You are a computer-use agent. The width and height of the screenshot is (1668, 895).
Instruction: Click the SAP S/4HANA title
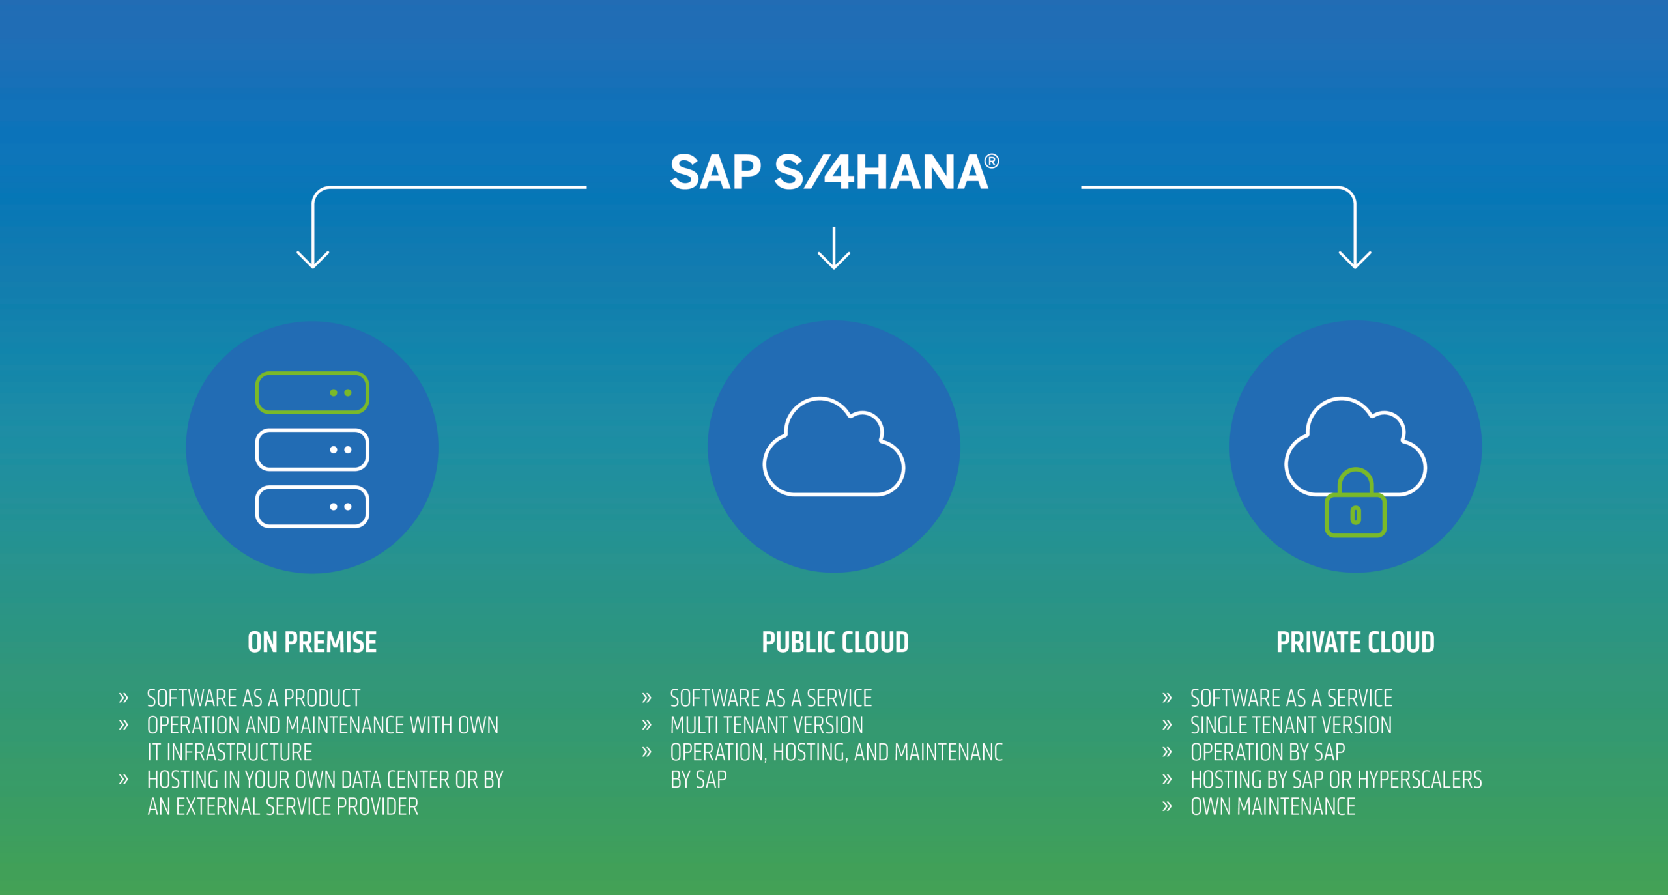tap(834, 172)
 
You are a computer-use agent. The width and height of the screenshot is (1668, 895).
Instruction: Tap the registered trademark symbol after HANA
tap(991, 161)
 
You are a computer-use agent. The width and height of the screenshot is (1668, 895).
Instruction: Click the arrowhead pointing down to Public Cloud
tap(834, 260)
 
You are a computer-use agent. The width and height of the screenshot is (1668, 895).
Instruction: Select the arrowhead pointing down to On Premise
tap(313, 259)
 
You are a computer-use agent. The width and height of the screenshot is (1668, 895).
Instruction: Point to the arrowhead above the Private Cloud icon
tap(1355, 259)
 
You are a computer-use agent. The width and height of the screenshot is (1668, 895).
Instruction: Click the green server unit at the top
tap(312, 393)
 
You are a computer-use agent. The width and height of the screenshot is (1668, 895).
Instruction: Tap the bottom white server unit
tap(312, 507)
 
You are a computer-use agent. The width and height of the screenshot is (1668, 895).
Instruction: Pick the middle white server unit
tap(312, 449)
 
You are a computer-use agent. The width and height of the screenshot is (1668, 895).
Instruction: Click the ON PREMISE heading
tap(312, 642)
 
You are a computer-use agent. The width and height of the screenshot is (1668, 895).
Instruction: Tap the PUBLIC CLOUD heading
tap(835, 642)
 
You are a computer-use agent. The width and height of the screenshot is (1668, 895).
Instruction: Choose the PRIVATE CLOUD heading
tap(1355, 642)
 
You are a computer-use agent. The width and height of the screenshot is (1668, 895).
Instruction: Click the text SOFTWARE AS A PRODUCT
tap(253, 698)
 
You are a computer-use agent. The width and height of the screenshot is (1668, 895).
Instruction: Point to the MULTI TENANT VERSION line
tap(767, 725)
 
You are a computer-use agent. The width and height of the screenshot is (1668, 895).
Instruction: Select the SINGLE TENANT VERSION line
tap(1291, 725)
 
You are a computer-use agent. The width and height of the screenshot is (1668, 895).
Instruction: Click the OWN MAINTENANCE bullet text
tap(1273, 806)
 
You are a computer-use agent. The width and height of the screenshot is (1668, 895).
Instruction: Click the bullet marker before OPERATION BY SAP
tap(1167, 752)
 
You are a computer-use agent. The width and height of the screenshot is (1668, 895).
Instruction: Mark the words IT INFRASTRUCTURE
tap(230, 752)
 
